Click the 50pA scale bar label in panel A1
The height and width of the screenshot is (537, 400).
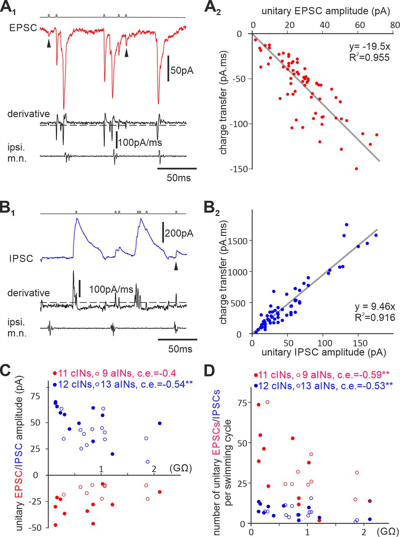pyautogui.click(x=182, y=70)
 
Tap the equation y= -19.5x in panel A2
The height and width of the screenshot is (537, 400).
pyautogui.click(x=364, y=46)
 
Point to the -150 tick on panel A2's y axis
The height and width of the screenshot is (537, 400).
pyautogui.click(x=239, y=169)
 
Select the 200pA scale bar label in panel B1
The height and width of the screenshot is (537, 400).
pyautogui.click(x=179, y=233)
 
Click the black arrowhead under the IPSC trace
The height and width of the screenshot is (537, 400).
pyautogui.click(x=176, y=266)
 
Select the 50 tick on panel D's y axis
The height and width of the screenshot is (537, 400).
pyautogui.click(x=242, y=443)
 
